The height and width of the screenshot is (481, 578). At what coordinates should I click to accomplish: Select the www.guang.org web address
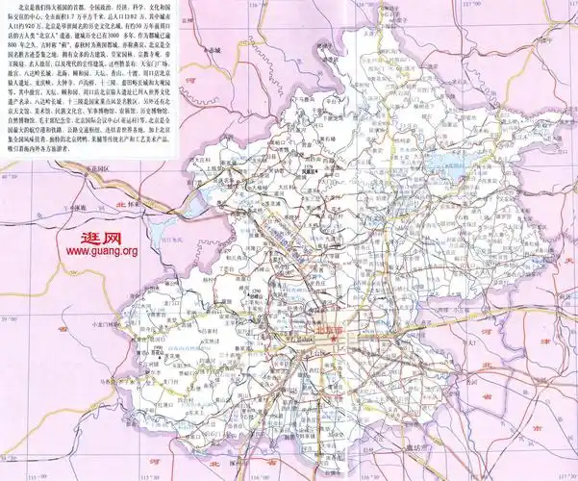coord(101,252)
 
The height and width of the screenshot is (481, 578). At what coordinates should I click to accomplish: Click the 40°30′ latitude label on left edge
coord(8,179)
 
